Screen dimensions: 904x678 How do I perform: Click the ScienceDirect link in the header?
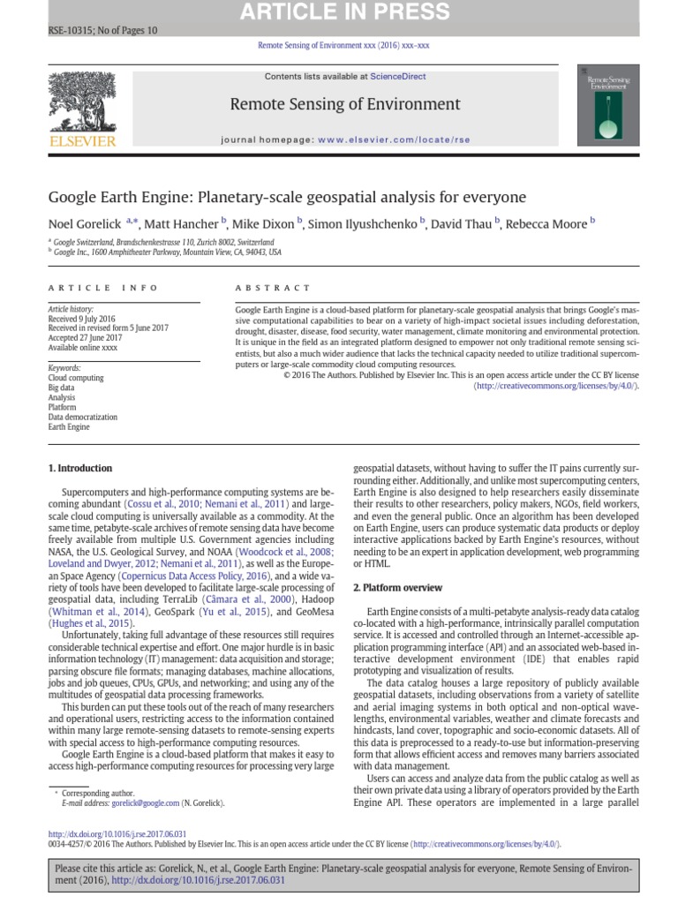point(397,77)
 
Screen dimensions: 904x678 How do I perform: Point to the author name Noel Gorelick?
point(85,223)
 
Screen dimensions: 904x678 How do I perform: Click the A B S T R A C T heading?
point(273,288)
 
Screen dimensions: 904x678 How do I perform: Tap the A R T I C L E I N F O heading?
point(103,288)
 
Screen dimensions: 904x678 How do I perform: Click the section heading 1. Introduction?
point(79,468)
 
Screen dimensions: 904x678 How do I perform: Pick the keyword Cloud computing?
point(75,378)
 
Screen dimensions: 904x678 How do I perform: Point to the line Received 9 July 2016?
point(81,319)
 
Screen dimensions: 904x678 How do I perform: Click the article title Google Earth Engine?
point(286,196)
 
